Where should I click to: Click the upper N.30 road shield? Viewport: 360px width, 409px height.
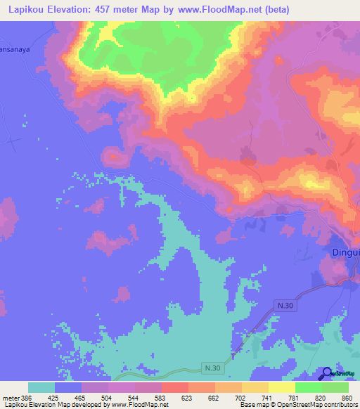[283, 306]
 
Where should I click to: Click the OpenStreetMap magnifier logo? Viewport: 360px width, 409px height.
[327, 374]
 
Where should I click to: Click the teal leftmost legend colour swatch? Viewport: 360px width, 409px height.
[41, 387]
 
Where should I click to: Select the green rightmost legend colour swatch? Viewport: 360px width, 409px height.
[335, 387]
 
